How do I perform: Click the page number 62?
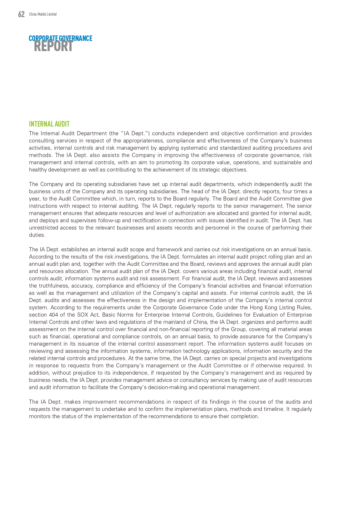[x=21, y=14]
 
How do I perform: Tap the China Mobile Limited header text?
[x=43, y=14]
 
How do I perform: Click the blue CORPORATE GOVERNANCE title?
[x=60, y=38]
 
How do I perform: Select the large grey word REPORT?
[x=53, y=46]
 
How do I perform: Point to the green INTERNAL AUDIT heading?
[x=49, y=124]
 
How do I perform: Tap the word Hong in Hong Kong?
[x=256, y=308]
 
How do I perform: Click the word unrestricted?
[x=44, y=228]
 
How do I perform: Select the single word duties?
[x=37, y=235]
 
